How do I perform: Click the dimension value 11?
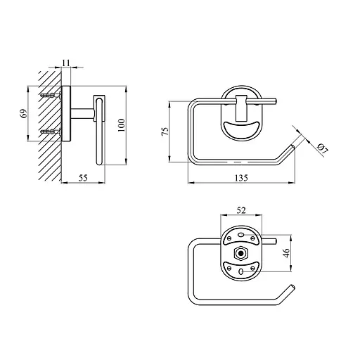coord(66,63)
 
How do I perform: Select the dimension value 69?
coord(25,113)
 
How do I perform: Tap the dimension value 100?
coord(122,125)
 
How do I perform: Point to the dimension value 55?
coord(83,178)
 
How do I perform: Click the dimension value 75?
coord(165,131)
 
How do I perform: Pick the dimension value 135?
coord(241,178)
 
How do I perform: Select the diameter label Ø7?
coord(323,148)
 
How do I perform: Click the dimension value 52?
coord(241,210)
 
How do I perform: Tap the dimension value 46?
coord(287,253)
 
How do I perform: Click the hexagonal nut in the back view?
coord(240,253)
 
